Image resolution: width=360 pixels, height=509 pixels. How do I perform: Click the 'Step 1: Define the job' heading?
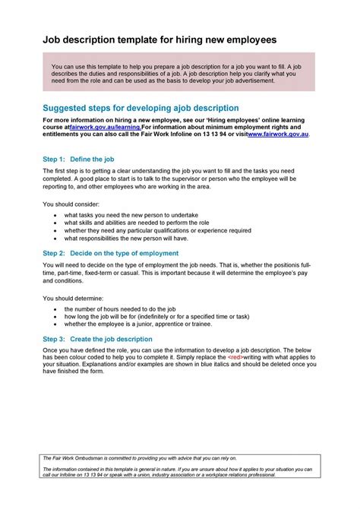coord(79,160)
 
